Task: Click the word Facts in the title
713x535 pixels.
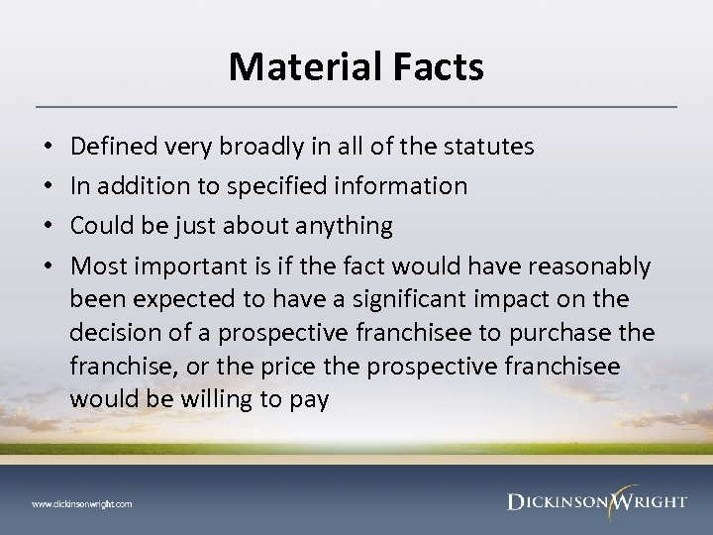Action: pos(438,66)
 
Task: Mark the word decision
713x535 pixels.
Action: pos(116,330)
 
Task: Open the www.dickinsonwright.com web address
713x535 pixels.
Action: pos(82,503)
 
